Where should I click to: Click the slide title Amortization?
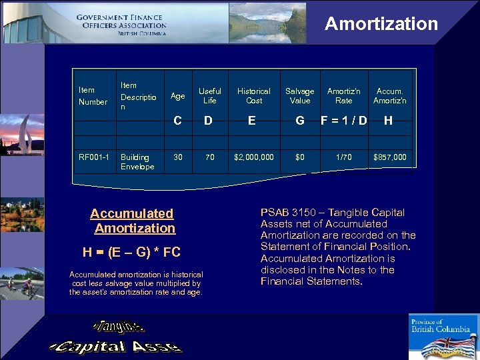pyautogui.click(x=381, y=24)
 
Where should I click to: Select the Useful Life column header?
pyautogui.click(x=210, y=96)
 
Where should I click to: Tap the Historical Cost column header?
pyautogui.click(x=254, y=96)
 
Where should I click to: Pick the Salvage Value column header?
pyautogui.click(x=300, y=96)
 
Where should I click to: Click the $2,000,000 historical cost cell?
pyautogui.click(x=254, y=158)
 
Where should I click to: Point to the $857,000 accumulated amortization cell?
pyautogui.click(x=390, y=158)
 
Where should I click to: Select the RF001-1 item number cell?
pyautogui.click(x=93, y=158)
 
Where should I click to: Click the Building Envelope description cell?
pyautogui.click(x=137, y=162)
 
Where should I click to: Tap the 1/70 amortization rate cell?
pyautogui.click(x=344, y=158)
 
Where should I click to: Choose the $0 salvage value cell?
pyautogui.click(x=300, y=158)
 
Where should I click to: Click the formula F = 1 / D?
pyautogui.click(x=344, y=121)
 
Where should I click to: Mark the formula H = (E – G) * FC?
pyautogui.click(x=131, y=252)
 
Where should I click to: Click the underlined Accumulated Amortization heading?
pyautogui.click(x=133, y=221)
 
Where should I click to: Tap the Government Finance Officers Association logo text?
pyautogui.click(x=121, y=25)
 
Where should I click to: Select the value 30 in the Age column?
pyautogui.click(x=178, y=158)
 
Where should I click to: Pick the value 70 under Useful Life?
pyautogui.click(x=210, y=158)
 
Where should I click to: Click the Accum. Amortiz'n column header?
pyautogui.click(x=390, y=96)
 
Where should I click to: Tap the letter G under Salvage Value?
pyautogui.click(x=300, y=121)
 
